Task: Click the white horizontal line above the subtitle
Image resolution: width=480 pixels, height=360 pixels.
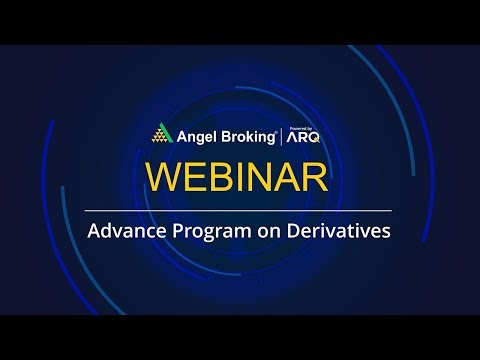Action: (x=240, y=210)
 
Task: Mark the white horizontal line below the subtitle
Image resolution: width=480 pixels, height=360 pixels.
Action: (x=240, y=252)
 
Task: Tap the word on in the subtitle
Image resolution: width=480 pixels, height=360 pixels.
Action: (x=265, y=231)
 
